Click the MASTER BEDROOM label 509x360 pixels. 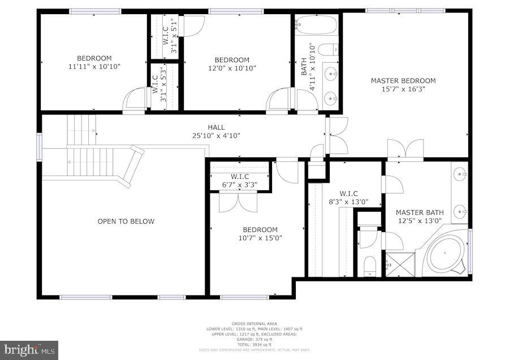[403, 80]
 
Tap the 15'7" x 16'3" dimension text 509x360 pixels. [403, 89]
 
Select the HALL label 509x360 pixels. [216, 127]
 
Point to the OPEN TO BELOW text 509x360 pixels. [126, 221]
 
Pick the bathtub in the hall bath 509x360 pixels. [316, 25]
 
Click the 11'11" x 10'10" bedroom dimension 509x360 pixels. [94, 66]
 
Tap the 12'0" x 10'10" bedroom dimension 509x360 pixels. [232, 68]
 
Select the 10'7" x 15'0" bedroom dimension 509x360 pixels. [260, 238]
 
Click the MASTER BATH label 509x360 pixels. [420, 212]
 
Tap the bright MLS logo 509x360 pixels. [29, 350]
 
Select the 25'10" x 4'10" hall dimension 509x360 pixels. [216, 136]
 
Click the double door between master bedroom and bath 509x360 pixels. [404, 149]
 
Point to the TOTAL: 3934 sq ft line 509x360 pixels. [254, 344]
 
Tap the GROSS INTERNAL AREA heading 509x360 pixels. [254, 324]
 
